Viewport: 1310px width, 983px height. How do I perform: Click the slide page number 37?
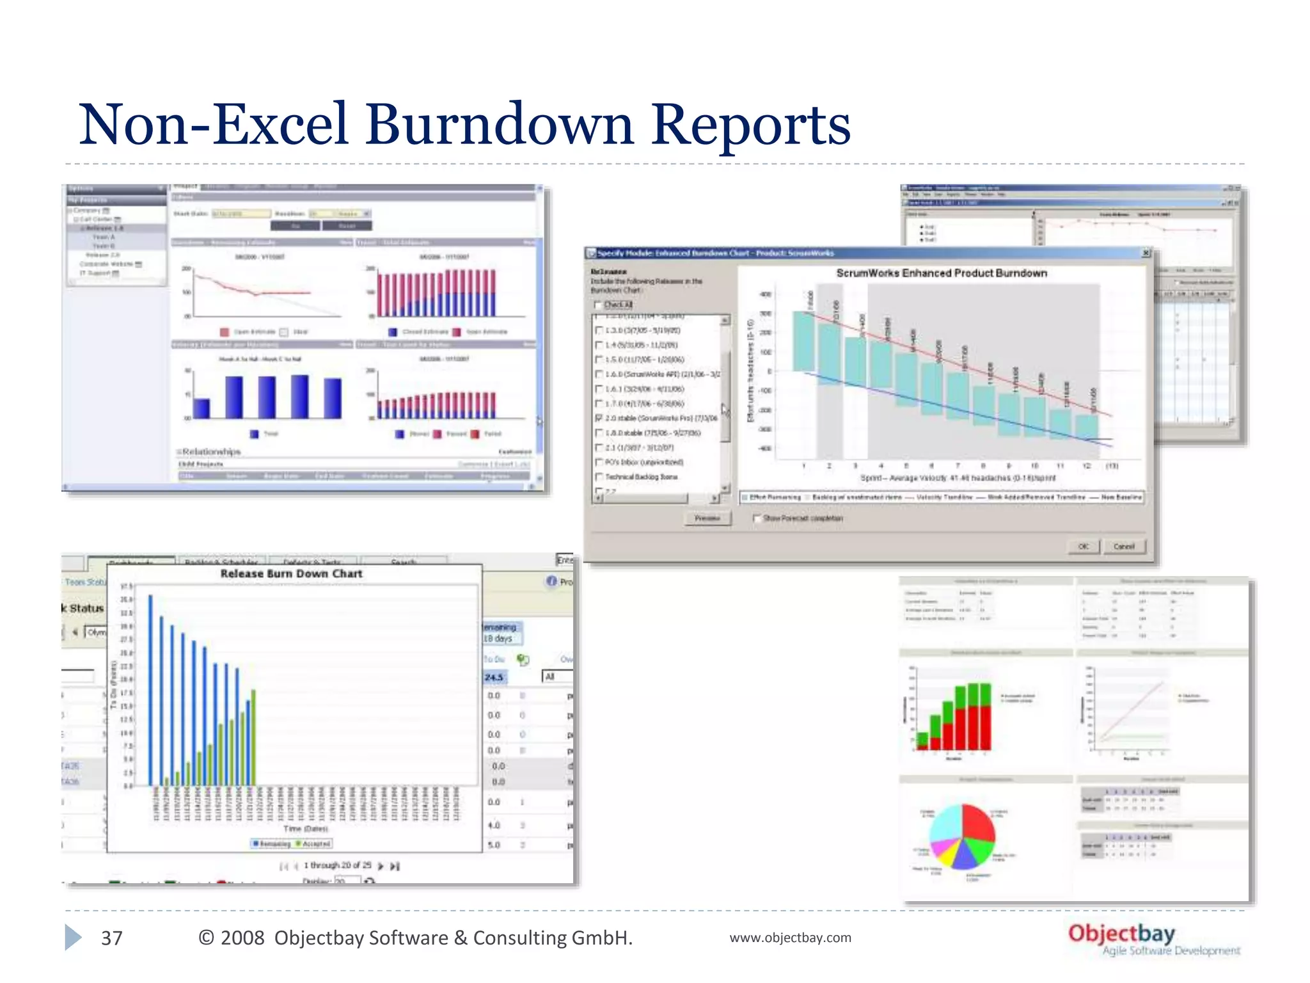click(x=111, y=938)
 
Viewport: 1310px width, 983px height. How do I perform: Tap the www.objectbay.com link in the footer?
click(x=790, y=938)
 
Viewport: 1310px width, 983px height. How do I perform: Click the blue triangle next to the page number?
click(x=73, y=938)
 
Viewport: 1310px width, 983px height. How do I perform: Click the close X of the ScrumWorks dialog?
click(x=1146, y=253)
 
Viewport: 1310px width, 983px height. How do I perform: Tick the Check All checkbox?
click(x=598, y=305)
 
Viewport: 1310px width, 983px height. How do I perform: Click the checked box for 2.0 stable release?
click(x=599, y=418)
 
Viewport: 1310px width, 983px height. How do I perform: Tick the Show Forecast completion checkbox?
click(x=757, y=518)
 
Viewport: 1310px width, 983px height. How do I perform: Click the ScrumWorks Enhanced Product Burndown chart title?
click(x=941, y=273)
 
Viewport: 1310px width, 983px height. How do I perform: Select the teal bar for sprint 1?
click(x=803, y=341)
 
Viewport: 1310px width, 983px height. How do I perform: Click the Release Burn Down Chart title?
click(x=291, y=574)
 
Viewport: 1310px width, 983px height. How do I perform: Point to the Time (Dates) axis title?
click(x=305, y=829)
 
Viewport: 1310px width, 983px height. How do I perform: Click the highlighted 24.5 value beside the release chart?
click(x=494, y=677)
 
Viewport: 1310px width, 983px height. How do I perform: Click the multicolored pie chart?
click(x=961, y=836)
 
